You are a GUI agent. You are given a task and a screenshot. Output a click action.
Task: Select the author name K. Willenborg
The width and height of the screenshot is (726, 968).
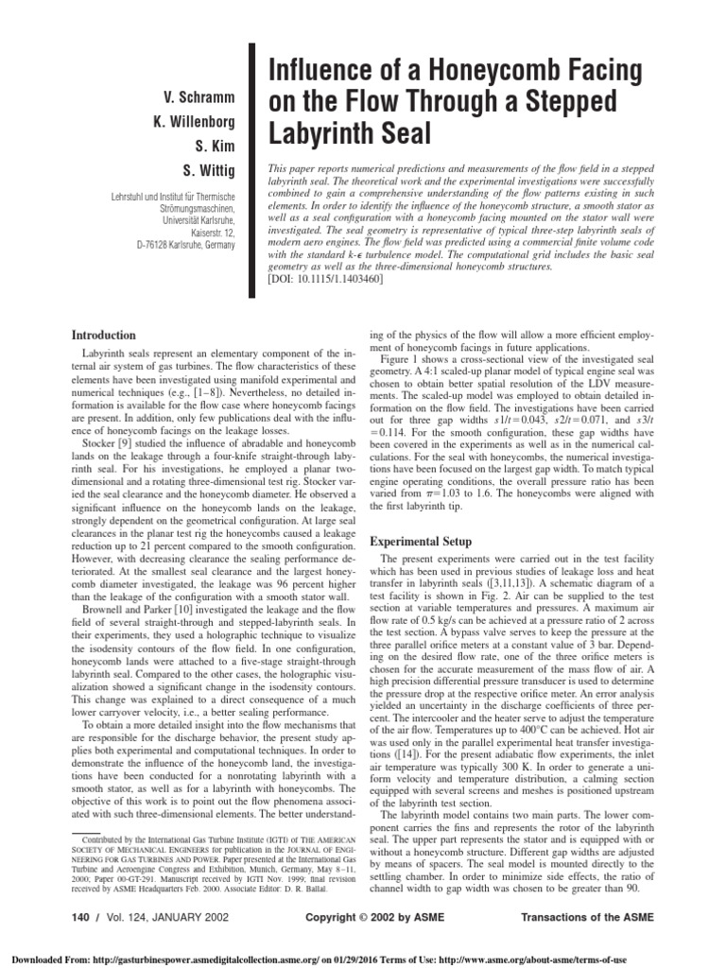tap(200, 122)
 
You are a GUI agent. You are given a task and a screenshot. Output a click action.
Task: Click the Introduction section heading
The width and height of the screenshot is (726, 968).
tap(104, 335)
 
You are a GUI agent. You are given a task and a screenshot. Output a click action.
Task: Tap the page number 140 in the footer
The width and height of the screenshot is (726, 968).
tap(81, 918)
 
